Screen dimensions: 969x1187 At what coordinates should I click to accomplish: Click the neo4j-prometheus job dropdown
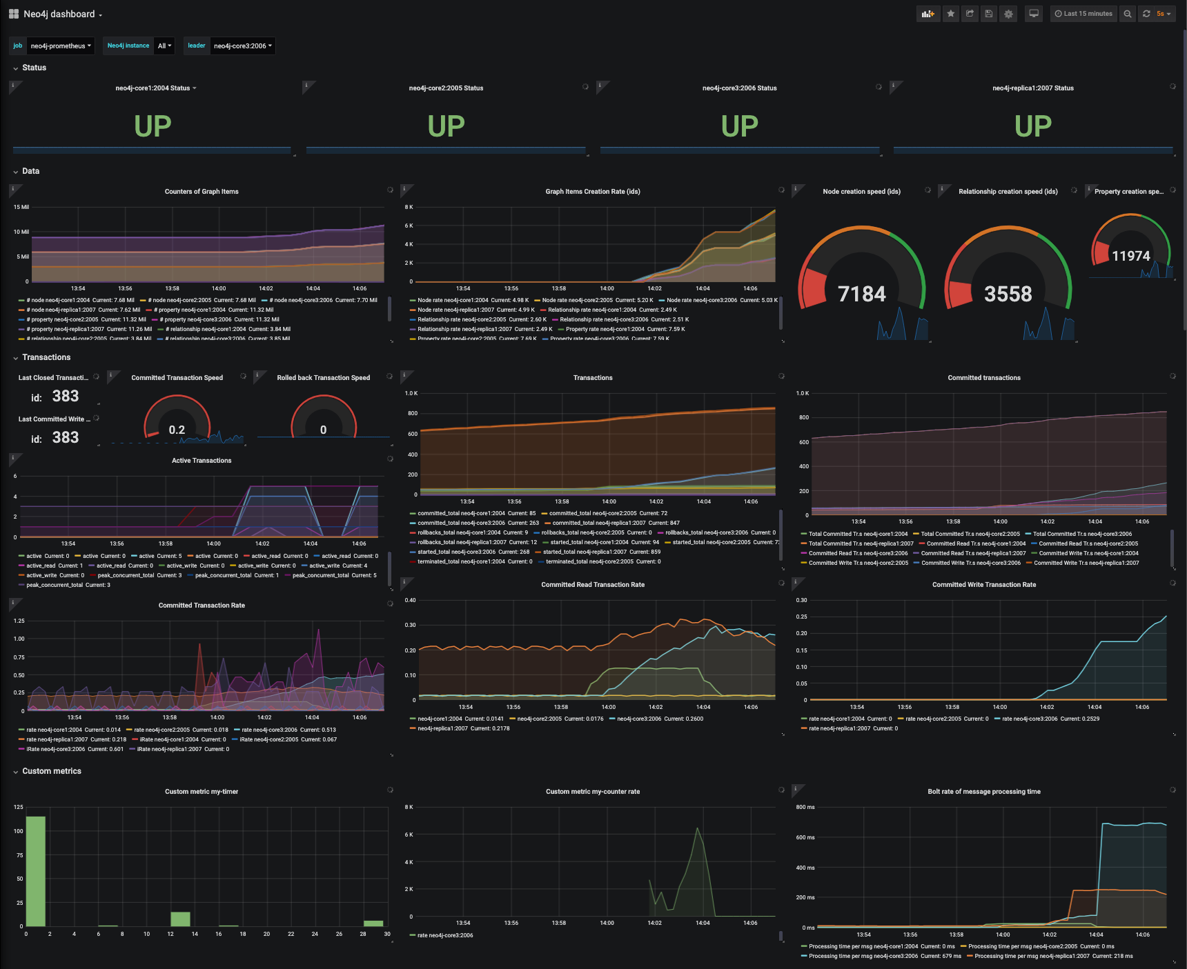tap(61, 46)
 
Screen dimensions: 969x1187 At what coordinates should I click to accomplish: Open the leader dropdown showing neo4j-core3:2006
tap(242, 46)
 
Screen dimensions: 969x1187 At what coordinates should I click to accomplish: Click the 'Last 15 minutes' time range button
tap(1083, 14)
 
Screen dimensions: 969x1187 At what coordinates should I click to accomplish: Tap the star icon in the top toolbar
tap(951, 14)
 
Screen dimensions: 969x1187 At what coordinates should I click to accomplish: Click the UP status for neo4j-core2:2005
tap(446, 126)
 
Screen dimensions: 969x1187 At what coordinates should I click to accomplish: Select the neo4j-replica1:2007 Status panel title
tap(1032, 88)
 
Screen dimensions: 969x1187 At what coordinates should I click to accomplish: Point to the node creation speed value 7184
tap(861, 294)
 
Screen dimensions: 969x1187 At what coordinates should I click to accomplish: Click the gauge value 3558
tap(1008, 294)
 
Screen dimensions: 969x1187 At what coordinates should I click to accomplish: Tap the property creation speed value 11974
tap(1130, 257)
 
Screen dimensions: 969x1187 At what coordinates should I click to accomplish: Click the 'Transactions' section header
tap(46, 357)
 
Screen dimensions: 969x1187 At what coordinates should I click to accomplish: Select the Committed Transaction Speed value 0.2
tap(177, 430)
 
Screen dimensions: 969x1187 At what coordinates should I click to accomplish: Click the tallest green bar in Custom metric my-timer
tap(35, 870)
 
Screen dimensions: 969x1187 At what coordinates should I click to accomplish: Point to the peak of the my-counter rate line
tap(698, 828)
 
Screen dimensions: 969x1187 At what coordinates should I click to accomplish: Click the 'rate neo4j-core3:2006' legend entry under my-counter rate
tap(445, 935)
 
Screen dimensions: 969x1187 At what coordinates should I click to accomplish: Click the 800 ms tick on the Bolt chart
tap(805, 807)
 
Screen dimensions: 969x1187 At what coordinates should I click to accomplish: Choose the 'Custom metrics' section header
tap(52, 771)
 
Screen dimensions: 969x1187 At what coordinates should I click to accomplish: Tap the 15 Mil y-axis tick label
tap(21, 207)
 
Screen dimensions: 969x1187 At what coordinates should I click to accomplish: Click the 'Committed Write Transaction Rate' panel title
tap(983, 585)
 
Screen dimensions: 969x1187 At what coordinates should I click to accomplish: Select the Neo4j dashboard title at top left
tap(59, 14)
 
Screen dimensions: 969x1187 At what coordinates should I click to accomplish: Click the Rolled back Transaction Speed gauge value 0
tap(323, 430)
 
